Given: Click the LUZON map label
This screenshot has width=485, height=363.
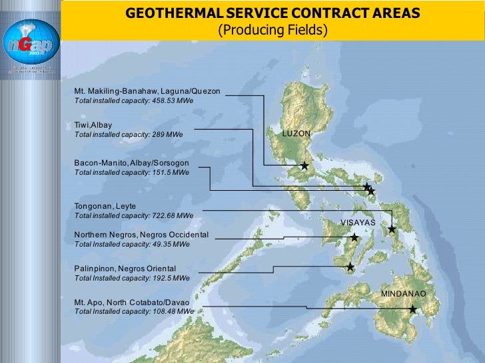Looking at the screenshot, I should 296,134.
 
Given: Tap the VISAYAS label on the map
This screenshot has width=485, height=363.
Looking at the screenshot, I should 358,222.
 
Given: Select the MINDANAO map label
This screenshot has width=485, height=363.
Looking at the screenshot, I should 403,293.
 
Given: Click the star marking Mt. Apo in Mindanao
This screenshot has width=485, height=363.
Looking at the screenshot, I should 413,309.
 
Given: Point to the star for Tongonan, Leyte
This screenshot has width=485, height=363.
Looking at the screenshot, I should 392,229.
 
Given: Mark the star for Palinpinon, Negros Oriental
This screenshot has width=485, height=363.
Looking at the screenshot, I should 350,267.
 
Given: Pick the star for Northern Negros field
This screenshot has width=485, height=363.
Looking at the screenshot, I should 354,237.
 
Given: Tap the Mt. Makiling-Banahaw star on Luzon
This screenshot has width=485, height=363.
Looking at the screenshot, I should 304,166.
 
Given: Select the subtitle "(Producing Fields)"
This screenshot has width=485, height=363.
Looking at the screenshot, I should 273,31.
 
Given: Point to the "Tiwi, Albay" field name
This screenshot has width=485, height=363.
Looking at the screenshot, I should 93,124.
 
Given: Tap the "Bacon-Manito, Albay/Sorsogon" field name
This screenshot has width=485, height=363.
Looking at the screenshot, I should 132,162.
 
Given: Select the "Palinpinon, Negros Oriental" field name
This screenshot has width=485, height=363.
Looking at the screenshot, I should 125,269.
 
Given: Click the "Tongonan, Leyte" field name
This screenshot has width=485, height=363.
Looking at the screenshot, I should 105,206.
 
